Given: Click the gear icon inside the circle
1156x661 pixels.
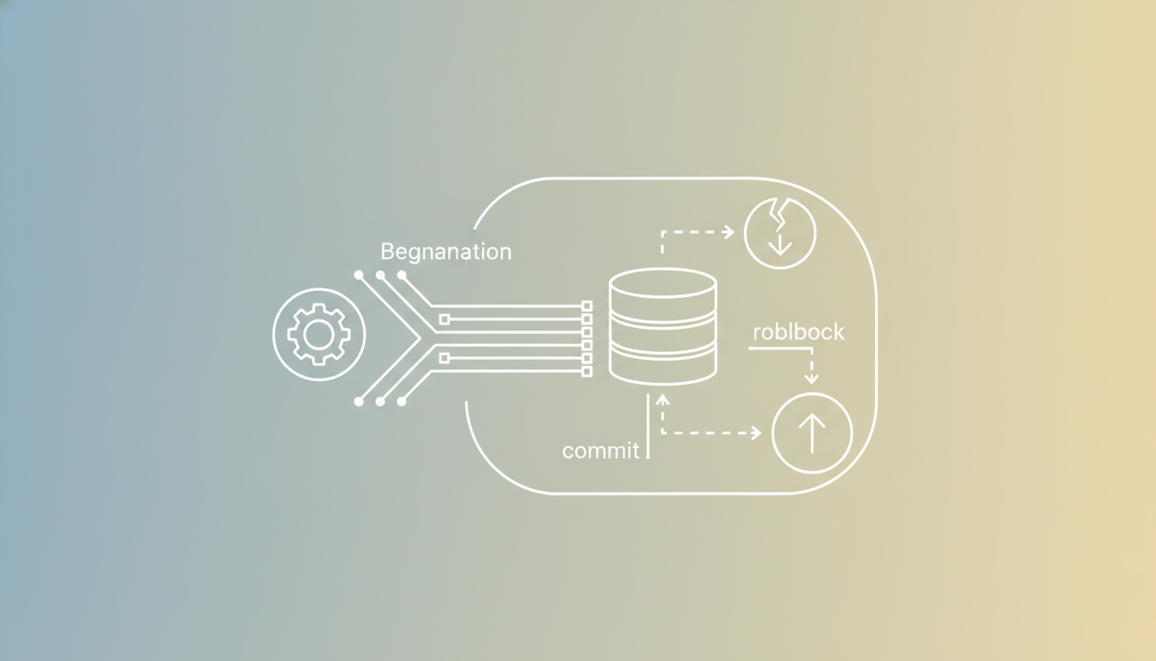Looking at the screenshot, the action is point(319,335).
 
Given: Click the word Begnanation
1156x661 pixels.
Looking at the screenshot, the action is point(446,252).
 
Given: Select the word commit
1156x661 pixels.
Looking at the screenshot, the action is point(600,451).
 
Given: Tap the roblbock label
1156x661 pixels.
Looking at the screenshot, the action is point(798,331).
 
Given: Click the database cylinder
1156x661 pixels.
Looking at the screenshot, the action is point(662,326).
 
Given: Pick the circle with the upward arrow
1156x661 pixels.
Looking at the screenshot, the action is point(812,433).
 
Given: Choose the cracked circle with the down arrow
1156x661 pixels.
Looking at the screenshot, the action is point(780,232).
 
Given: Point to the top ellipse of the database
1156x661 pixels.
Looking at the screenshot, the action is point(662,283).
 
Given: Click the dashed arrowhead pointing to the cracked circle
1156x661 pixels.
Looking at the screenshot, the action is point(729,232).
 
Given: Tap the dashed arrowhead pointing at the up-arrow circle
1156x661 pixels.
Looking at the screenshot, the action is point(756,433).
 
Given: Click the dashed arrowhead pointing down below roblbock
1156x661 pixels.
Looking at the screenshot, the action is point(811,379).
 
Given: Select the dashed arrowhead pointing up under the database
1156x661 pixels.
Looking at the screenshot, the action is point(662,399).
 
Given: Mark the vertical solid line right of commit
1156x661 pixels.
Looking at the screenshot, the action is point(649,427).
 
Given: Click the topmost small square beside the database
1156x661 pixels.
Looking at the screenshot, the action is point(587,306).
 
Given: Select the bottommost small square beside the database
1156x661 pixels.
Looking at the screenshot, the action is point(587,371).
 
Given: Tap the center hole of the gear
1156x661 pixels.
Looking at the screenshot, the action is point(319,335).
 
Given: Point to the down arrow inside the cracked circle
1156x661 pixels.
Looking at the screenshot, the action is point(780,244).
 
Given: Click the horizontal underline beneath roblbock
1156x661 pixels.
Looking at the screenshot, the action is point(780,349).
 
